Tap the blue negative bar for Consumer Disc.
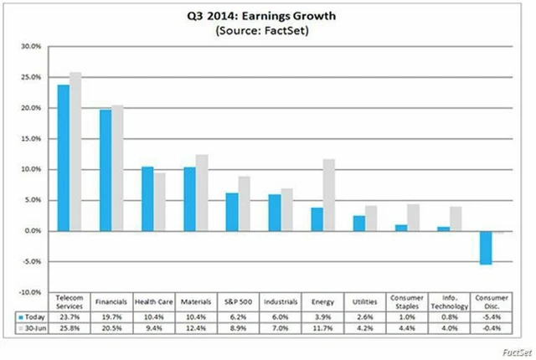(486, 248)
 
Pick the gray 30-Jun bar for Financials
(117, 167)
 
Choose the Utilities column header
(365, 300)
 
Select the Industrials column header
(281, 300)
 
